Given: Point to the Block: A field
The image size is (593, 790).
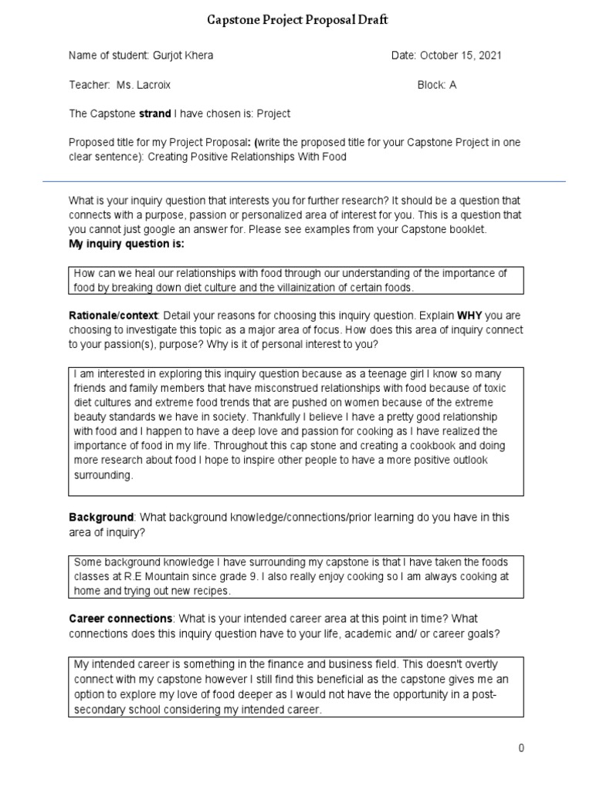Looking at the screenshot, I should coord(436,85).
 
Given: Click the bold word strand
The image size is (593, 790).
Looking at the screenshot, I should coord(154,113).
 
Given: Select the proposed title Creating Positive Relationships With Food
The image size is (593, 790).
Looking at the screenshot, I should coord(247,157).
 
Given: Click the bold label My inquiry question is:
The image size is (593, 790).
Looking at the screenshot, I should coord(127,244).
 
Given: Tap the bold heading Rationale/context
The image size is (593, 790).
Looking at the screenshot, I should coord(114,316).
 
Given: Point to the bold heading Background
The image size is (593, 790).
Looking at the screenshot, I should coord(101,518).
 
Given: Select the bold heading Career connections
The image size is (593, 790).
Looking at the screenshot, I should coord(120,620).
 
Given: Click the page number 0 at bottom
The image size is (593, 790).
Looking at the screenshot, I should coord(521,748).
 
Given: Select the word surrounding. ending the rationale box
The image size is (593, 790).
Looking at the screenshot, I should coord(103,475).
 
